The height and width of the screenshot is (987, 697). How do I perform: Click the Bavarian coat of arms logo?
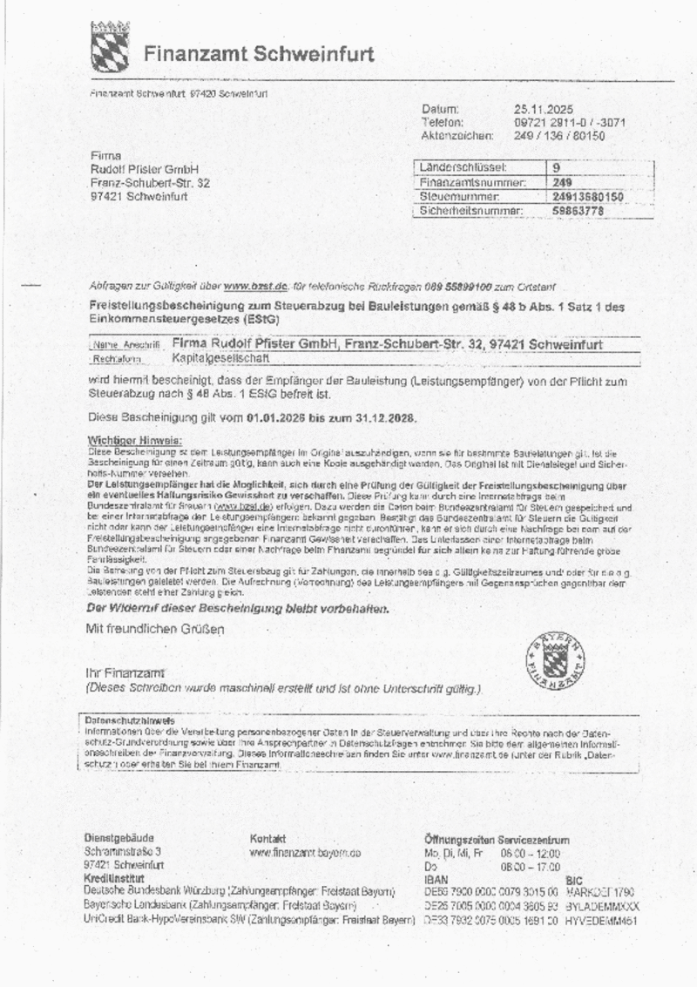click(110, 47)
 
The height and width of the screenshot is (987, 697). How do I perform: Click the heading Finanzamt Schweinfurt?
click(259, 54)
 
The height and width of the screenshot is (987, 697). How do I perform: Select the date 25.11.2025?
click(543, 110)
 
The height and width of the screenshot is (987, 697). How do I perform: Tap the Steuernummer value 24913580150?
click(588, 197)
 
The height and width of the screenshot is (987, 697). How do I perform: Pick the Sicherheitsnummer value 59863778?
click(578, 211)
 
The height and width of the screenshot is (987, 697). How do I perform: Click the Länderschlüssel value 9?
click(557, 167)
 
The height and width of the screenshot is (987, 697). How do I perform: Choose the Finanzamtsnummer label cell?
click(473, 183)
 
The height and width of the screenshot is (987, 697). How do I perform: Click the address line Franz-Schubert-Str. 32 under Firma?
click(150, 183)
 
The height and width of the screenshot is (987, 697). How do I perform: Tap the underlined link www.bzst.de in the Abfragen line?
click(255, 287)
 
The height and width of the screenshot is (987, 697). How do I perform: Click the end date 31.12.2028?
click(385, 418)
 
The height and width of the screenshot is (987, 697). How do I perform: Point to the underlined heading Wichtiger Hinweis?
click(134, 441)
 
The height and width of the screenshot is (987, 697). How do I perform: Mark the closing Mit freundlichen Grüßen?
click(155, 628)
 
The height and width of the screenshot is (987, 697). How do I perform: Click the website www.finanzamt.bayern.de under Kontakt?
click(305, 853)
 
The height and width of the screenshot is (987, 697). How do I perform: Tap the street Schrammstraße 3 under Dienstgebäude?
click(123, 851)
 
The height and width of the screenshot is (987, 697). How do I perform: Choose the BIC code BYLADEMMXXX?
click(602, 907)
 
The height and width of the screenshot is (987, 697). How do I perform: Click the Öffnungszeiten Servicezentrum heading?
click(497, 840)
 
